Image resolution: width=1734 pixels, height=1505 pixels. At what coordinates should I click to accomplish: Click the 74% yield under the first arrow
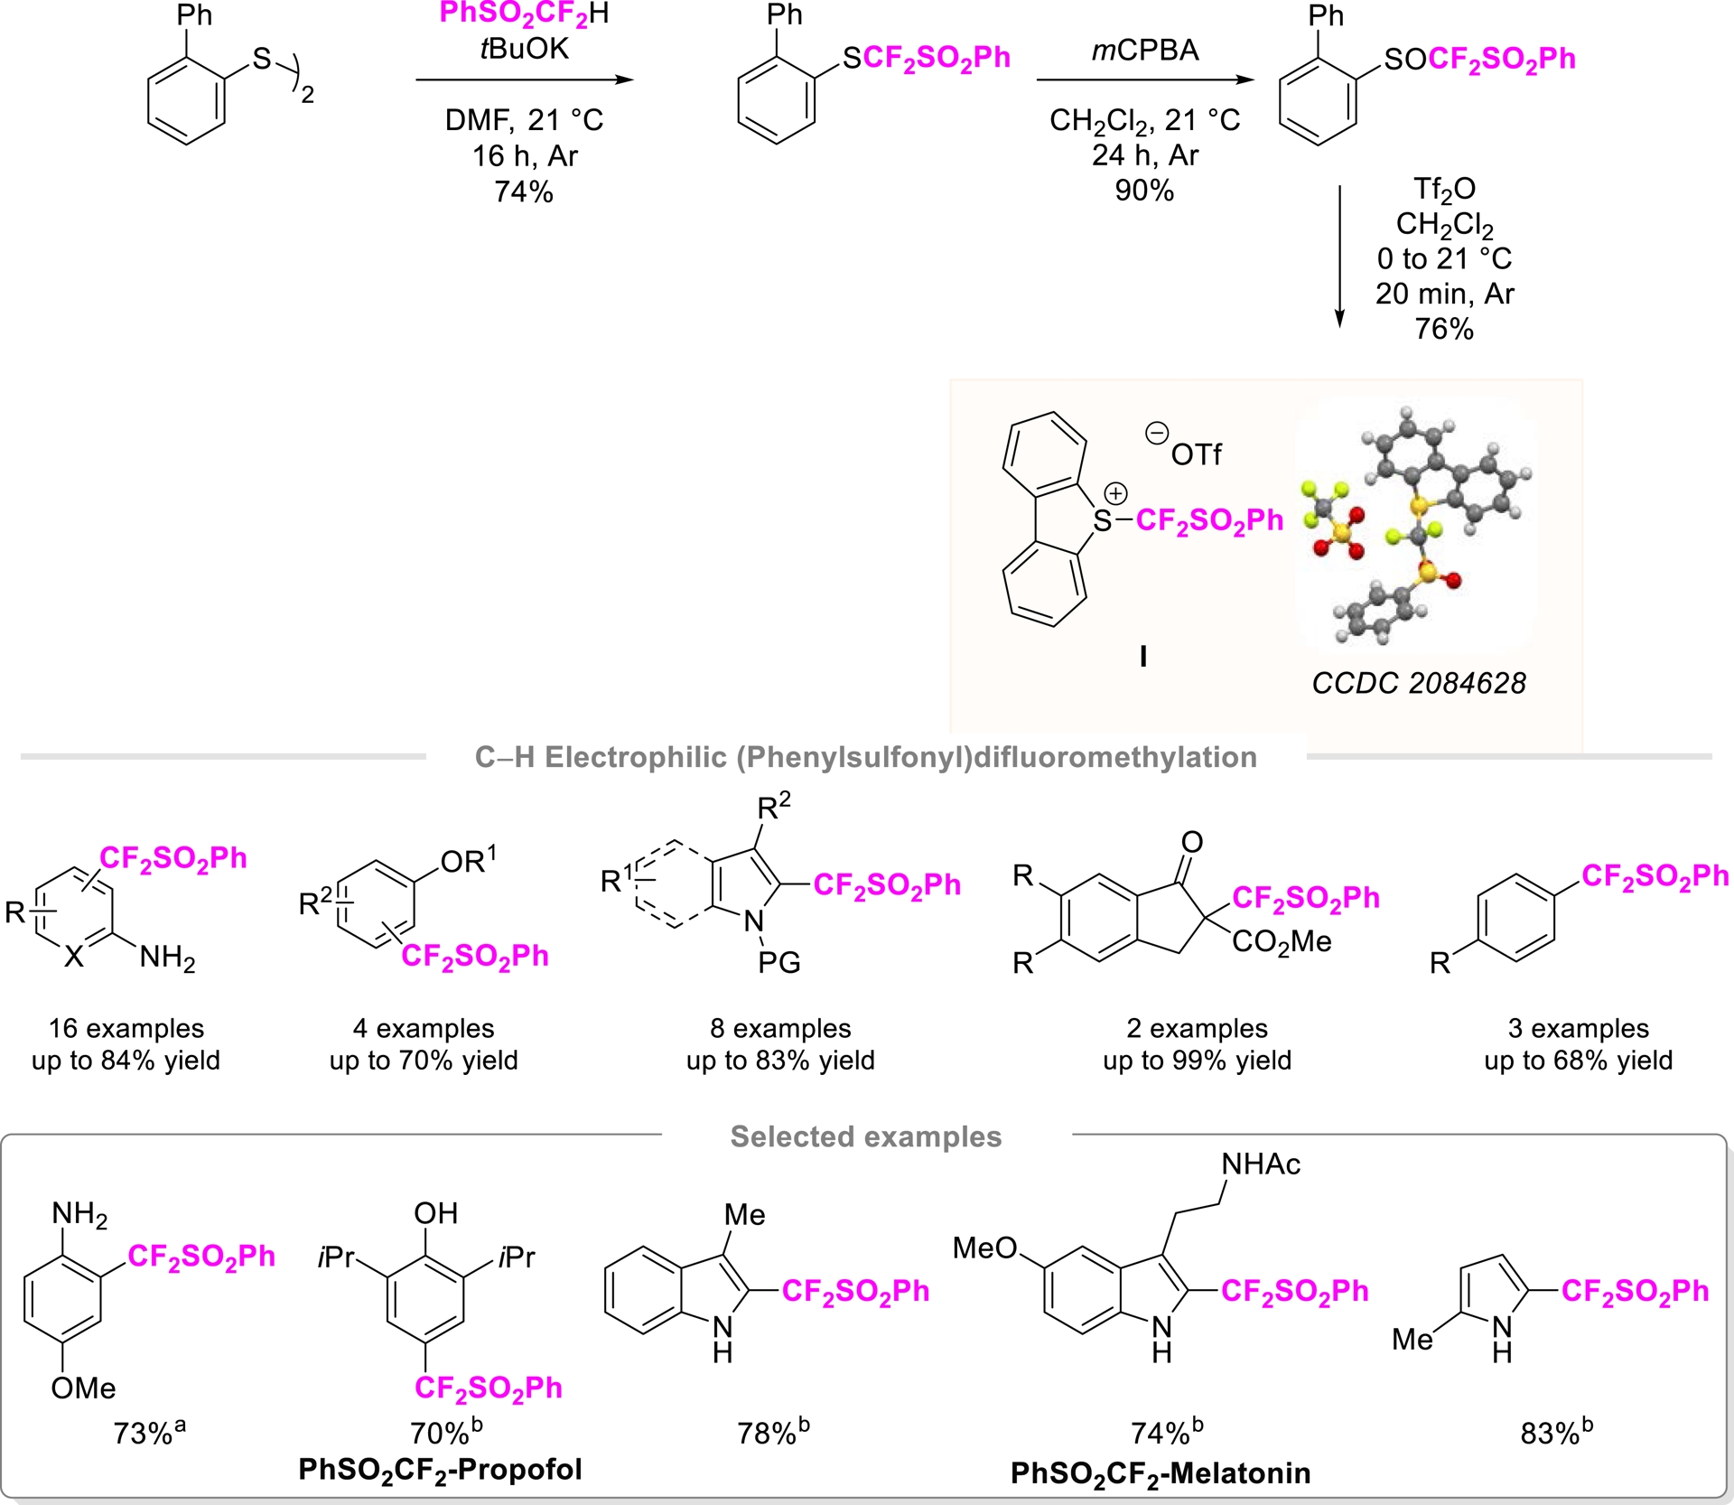pyautogui.click(x=523, y=192)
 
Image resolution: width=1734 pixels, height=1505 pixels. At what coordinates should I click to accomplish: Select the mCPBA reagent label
pyautogui.click(x=1144, y=51)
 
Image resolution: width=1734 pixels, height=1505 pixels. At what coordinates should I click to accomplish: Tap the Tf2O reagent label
pyautogui.click(x=1444, y=190)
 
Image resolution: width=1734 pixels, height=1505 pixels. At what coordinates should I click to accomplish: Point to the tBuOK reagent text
pyautogui.click(x=524, y=49)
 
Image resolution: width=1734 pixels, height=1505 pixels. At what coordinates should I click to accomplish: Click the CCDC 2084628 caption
pyautogui.click(x=1418, y=683)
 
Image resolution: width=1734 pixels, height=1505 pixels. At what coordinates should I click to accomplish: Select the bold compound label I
pyautogui.click(x=1142, y=656)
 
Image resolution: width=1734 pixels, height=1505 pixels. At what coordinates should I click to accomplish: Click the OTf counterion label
pyautogui.click(x=1195, y=454)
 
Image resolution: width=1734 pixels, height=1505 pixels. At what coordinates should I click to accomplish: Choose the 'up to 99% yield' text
pyautogui.click(x=1197, y=1060)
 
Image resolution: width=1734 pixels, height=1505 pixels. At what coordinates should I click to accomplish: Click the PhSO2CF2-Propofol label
pyautogui.click(x=440, y=1470)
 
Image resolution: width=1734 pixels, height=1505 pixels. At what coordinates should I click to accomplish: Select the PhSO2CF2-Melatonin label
pyautogui.click(x=1160, y=1473)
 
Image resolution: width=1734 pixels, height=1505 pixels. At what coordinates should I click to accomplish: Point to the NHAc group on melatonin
pyautogui.click(x=1260, y=1164)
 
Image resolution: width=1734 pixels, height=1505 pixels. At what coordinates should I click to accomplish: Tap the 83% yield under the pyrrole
pyautogui.click(x=1555, y=1433)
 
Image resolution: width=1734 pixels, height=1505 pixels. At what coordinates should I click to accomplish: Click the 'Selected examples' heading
pyautogui.click(x=865, y=1136)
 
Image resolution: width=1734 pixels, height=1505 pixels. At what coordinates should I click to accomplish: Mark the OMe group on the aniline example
pyautogui.click(x=83, y=1388)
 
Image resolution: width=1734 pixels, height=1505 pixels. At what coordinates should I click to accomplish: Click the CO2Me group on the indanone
pyautogui.click(x=1281, y=942)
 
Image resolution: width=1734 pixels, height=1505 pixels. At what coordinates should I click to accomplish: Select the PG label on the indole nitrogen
pyautogui.click(x=778, y=963)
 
